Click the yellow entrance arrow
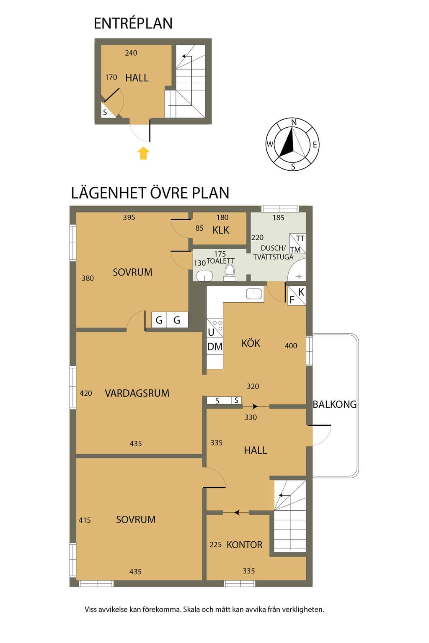click(143, 153)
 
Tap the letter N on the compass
click(294, 123)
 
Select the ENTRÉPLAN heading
click(133, 23)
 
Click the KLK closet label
click(221, 230)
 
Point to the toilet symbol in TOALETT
click(229, 272)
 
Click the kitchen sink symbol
click(254, 294)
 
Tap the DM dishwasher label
click(215, 347)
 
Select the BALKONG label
click(334, 404)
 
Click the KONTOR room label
click(244, 545)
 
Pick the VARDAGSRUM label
click(137, 393)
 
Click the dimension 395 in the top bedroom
click(129, 217)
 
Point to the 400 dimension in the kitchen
click(291, 346)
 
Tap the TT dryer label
click(300, 239)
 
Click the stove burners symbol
click(217, 325)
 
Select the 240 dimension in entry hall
click(131, 53)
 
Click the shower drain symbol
click(299, 277)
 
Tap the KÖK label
click(251, 343)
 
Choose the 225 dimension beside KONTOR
click(215, 545)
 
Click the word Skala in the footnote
click(191, 610)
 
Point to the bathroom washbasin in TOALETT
click(204, 276)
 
